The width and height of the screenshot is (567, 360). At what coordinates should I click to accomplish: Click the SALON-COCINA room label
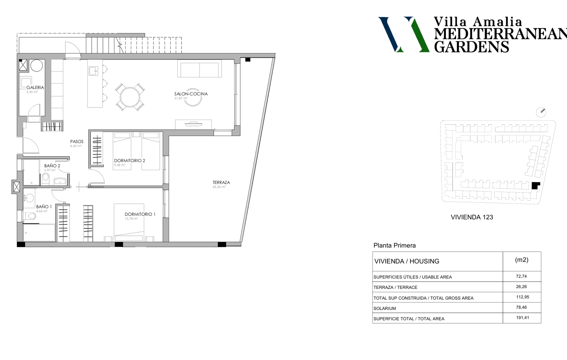click(191, 94)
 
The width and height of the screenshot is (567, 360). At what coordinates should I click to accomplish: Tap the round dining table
click(130, 97)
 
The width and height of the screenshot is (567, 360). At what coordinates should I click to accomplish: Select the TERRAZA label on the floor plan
click(221, 182)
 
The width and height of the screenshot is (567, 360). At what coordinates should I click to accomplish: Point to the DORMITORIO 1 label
click(140, 214)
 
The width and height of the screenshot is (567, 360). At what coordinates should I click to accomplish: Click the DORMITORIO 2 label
click(130, 161)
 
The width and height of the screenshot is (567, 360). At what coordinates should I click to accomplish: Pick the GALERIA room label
click(35, 87)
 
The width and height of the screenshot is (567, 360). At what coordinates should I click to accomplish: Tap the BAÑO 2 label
click(52, 166)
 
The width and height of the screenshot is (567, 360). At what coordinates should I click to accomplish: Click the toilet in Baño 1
click(29, 216)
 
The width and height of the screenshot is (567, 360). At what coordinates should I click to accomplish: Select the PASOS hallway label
click(77, 142)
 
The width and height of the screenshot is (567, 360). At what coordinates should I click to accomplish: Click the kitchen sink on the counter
click(93, 71)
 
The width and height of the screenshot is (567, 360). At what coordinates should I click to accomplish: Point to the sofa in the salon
click(200, 69)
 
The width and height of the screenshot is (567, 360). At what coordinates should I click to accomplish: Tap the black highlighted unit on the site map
click(535, 186)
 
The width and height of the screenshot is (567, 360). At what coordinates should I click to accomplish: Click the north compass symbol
click(541, 112)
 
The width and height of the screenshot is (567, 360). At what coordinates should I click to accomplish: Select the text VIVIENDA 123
click(472, 217)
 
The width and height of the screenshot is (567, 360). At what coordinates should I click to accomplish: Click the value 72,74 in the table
click(521, 276)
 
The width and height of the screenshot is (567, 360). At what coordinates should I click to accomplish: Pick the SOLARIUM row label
click(384, 308)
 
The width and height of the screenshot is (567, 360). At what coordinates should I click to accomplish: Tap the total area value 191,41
click(522, 318)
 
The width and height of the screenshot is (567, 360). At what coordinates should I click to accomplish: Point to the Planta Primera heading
click(394, 246)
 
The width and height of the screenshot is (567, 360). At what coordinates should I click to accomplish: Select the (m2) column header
click(522, 260)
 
